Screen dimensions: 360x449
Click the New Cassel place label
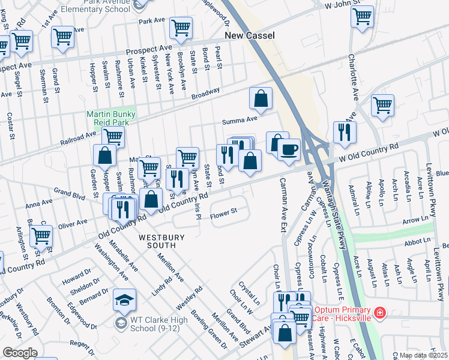[x=250, y=36]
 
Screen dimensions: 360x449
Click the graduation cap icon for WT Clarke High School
[x=124, y=300]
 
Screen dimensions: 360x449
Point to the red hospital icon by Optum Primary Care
[x=379, y=313]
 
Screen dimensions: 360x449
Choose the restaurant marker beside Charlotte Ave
[x=345, y=133]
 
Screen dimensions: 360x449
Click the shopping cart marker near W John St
[x=362, y=17]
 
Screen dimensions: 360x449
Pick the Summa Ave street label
[x=240, y=119]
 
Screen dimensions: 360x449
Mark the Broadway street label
[x=206, y=94]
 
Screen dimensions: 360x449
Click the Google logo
[x=20, y=353]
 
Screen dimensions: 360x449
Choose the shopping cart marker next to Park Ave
[x=181, y=27]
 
